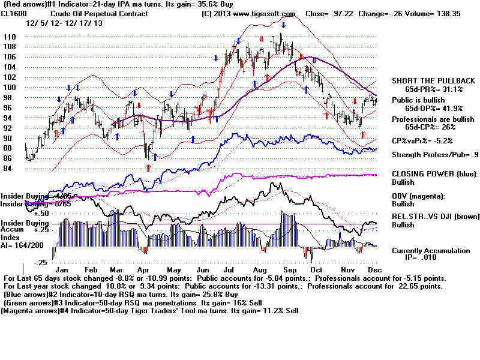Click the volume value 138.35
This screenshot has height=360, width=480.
click(x=454, y=13)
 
